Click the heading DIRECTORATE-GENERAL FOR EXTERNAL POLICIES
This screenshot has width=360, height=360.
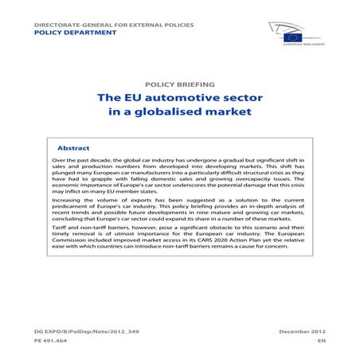pos(114,25)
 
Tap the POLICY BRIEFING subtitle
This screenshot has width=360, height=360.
pos(179,84)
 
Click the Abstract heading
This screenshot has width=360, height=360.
pos(73,148)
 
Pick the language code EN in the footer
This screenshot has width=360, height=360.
pos(321,340)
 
